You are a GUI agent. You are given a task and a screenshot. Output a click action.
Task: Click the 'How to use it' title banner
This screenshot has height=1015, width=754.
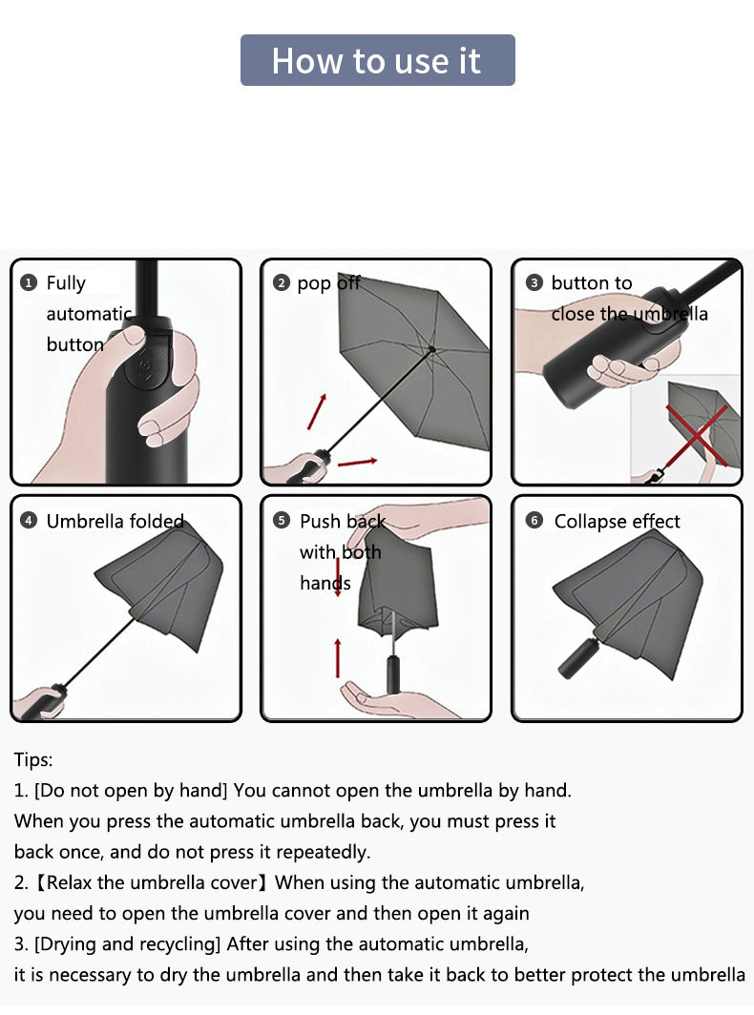tap(377, 60)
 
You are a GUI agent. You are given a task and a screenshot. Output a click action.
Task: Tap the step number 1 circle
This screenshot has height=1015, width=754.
tap(29, 283)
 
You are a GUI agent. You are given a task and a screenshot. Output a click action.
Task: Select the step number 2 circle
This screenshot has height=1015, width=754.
tap(281, 283)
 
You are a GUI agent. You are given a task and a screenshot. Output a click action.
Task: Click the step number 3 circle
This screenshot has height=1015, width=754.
tap(534, 283)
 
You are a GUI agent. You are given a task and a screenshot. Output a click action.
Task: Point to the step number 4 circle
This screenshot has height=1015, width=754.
tap(29, 521)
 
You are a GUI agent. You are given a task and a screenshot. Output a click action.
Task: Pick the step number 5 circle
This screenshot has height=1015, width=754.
tap(281, 521)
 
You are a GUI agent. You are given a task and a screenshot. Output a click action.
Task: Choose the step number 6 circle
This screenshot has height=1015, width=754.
tap(534, 521)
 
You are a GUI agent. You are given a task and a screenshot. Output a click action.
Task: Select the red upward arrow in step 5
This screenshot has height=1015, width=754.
tap(338, 657)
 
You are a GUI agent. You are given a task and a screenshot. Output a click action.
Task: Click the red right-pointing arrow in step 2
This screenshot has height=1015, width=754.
tap(357, 463)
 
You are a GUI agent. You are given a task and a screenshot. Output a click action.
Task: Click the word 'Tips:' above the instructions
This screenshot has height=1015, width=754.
tap(33, 760)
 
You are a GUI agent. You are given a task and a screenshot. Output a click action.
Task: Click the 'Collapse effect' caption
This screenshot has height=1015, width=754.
tap(617, 522)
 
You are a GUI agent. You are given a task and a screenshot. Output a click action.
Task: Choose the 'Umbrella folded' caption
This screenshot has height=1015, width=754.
tap(115, 522)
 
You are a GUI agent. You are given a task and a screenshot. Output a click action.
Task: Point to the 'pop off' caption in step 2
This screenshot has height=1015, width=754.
tap(328, 283)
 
